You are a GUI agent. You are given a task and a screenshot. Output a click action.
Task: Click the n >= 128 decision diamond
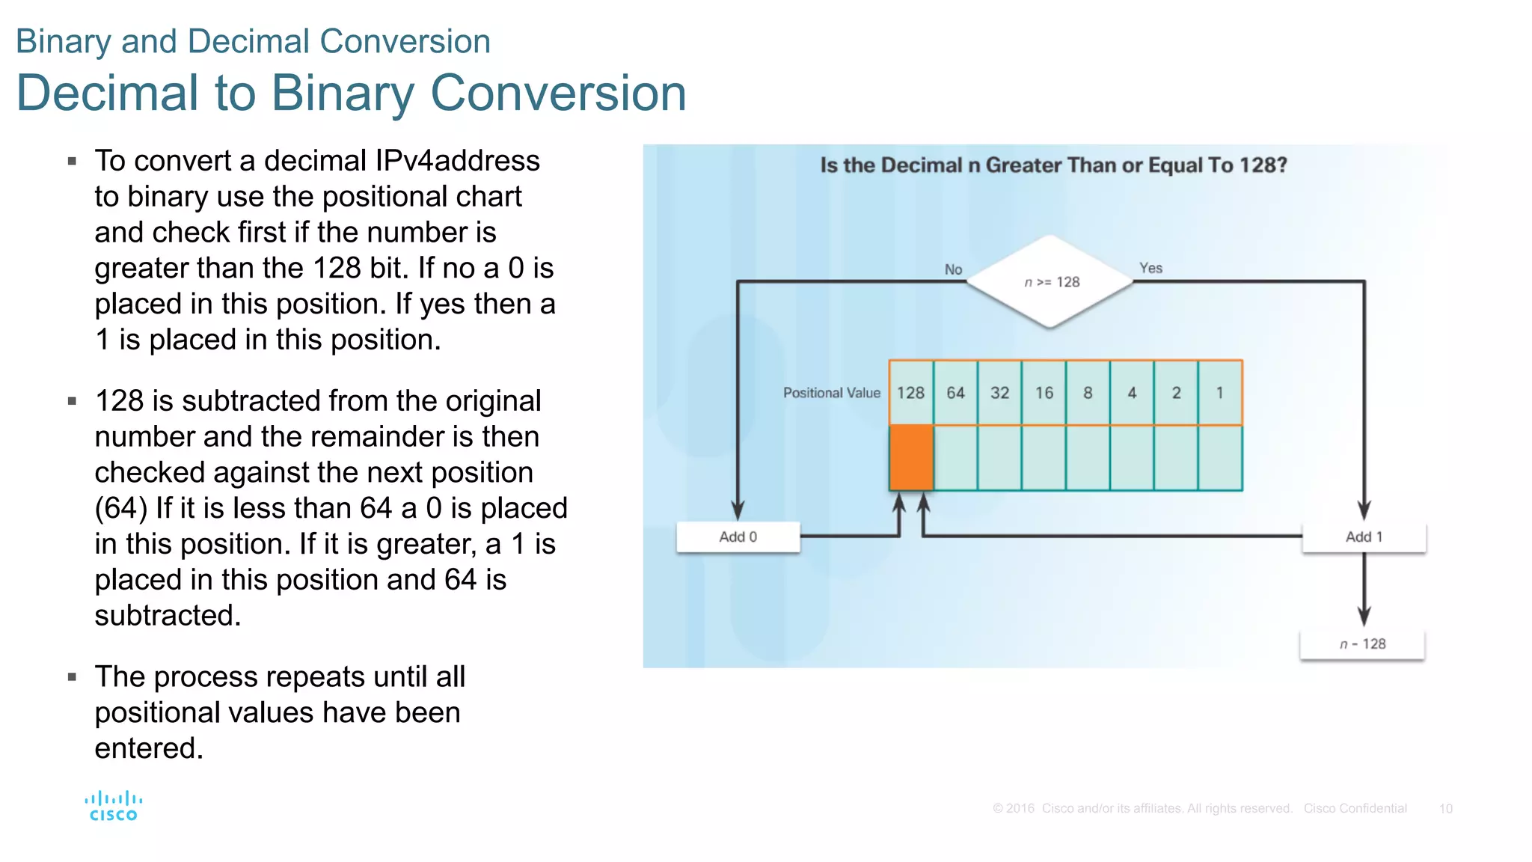[x=1050, y=281]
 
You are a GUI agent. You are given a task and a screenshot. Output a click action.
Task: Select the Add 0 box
[x=738, y=537]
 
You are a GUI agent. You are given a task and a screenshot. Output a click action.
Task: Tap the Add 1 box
[x=1364, y=537]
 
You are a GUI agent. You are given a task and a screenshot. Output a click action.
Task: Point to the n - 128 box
[x=1362, y=644]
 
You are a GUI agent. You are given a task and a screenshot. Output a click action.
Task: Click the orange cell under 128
[x=911, y=458]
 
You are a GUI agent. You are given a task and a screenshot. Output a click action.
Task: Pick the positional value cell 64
[x=955, y=393]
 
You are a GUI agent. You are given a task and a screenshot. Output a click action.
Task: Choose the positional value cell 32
[x=999, y=393]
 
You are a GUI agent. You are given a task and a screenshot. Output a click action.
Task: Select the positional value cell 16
[x=1044, y=393]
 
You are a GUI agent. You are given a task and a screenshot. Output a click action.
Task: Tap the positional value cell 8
[x=1088, y=393]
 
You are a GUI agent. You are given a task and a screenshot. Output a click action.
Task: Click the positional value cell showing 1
[x=1220, y=393]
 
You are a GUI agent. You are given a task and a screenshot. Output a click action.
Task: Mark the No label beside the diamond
[x=953, y=269]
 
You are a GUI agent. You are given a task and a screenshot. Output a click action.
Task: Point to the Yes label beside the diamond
[x=1150, y=268]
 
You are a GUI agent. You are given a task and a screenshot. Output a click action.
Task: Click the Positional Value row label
[x=831, y=393]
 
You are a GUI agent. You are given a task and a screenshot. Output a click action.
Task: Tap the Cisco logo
[x=114, y=806]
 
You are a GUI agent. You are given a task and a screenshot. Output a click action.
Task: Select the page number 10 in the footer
[x=1445, y=809]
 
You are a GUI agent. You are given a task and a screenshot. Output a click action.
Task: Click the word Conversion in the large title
[x=558, y=94]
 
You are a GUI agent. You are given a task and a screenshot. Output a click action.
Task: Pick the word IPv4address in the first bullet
[x=457, y=161]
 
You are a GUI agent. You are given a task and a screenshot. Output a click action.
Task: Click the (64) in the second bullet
[x=120, y=508]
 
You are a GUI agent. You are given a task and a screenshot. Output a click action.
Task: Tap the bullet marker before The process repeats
[x=72, y=677]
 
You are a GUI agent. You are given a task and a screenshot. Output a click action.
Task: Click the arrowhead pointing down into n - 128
[x=1364, y=617]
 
